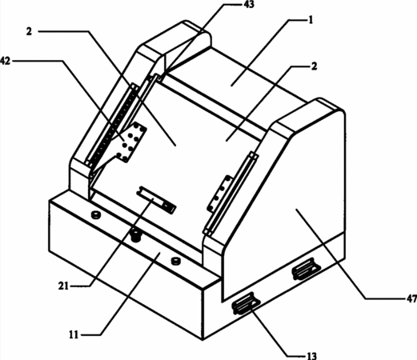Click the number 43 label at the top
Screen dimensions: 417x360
(249, 4)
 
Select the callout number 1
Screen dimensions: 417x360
(311, 20)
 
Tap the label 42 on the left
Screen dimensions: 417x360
(5, 61)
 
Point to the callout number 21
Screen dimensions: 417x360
(63, 286)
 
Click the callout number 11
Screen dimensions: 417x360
(74, 334)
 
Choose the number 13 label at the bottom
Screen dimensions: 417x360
(311, 356)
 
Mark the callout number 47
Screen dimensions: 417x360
(411, 298)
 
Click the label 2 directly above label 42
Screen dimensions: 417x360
(29, 31)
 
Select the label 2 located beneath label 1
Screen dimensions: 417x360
(315, 66)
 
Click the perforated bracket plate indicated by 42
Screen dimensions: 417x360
(131, 142)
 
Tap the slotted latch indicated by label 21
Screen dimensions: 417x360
(157, 199)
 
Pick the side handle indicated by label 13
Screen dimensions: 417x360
(246, 304)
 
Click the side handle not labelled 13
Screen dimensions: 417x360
(307, 269)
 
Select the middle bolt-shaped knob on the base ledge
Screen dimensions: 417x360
(136, 235)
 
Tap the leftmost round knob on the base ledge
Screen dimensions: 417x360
(95, 214)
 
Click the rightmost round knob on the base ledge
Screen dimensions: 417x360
(175, 261)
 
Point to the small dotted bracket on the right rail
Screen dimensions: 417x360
(220, 194)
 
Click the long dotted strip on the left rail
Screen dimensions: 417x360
(111, 126)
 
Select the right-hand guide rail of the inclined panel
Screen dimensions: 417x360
(231, 194)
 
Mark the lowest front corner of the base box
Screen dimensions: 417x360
(202, 340)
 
